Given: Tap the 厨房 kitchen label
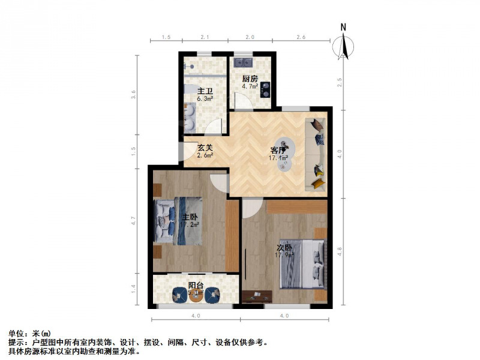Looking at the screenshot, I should (x=250, y=79).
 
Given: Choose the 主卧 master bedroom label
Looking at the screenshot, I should (x=190, y=217).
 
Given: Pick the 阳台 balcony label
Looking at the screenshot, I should (x=194, y=286).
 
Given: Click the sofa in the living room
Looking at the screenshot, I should (x=317, y=154).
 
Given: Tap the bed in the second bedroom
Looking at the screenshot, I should (x=304, y=264).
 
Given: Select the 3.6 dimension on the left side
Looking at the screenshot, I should (x=134, y=94).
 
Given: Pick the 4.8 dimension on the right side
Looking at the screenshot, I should (x=340, y=250).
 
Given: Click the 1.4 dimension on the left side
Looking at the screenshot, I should (x=134, y=289).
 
